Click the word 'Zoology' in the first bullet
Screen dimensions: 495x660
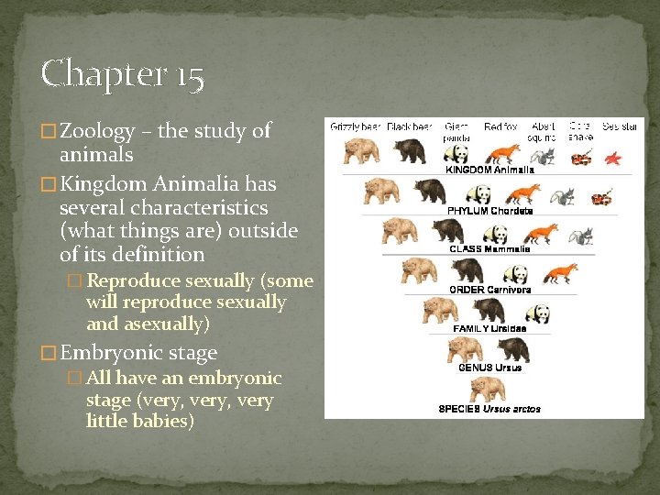click(99, 131)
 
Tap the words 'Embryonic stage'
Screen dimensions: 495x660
click(137, 352)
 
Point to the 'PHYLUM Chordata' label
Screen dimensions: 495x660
click(490, 211)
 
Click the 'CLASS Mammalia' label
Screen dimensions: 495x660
click(490, 249)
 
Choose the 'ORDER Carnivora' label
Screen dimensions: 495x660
click(490, 290)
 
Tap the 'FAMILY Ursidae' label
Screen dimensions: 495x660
click(490, 328)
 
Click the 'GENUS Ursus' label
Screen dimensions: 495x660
click(490, 368)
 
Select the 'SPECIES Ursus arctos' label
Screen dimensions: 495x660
click(489, 408)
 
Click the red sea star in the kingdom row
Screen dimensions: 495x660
click(612, 157)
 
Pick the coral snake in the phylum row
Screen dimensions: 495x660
click(601, 196)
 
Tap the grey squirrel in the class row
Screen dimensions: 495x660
click(577, 236)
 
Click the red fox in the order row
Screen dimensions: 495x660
click(560, 273)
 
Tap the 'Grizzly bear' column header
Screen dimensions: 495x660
click(355, 126)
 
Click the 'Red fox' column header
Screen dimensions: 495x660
click(501, 126)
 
